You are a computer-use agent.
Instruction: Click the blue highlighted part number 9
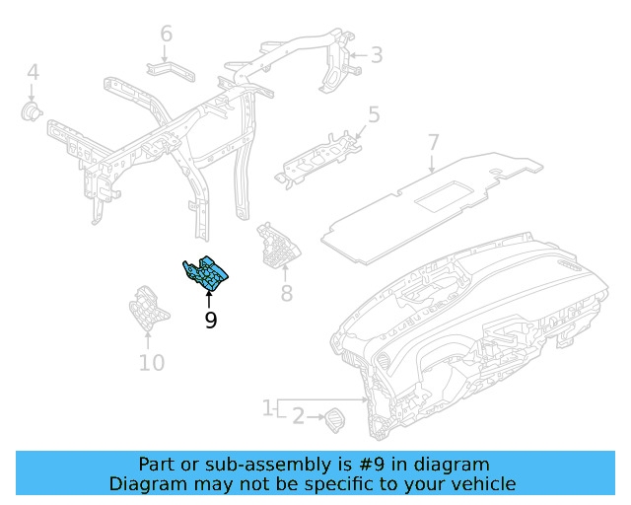point(205,273)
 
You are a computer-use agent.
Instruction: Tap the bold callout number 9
point(211,321)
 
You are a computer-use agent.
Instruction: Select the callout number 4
point(34,72)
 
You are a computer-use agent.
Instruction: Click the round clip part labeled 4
point(31,111)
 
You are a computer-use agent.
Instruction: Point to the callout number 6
point(167,34)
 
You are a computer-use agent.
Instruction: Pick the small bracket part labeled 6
point(171,72)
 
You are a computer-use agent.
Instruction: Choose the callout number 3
point(377,55)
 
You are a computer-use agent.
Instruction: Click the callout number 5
point(374,114)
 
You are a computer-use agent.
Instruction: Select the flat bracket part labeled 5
point(317,160)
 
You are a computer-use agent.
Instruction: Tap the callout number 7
point(433,143)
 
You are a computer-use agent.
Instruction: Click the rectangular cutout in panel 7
point(442,196)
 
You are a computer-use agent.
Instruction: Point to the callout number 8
point(287,293)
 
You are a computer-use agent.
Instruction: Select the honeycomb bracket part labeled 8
point(278,246)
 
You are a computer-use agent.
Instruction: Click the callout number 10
point(152,363)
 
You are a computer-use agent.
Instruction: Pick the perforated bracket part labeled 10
point(149,308)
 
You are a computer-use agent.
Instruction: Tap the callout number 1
point(267,408)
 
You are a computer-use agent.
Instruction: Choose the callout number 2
point(298,416)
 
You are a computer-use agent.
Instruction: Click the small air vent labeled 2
point(335,420)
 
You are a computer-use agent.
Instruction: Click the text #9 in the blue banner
point(372,465)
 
